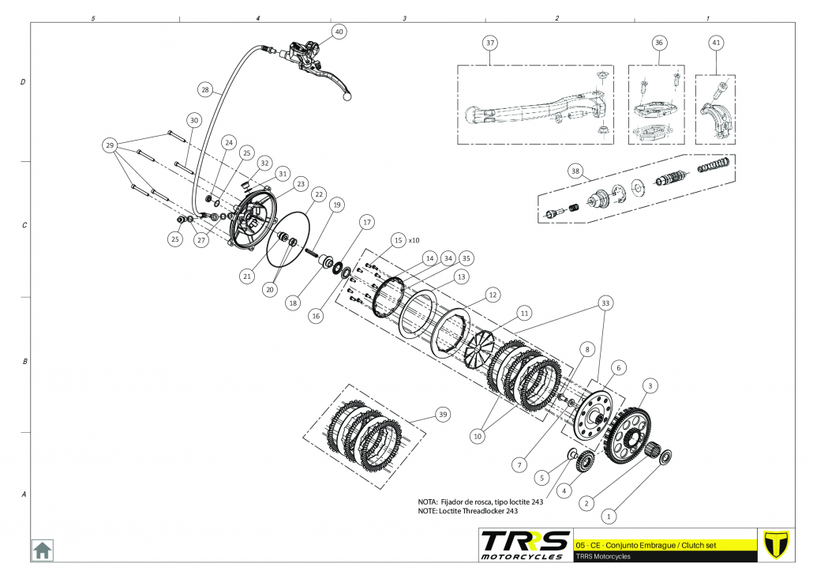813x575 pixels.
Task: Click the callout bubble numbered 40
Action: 339,32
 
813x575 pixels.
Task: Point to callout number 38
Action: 575,170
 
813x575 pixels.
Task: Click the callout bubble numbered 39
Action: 443,414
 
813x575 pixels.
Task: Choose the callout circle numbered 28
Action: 205,91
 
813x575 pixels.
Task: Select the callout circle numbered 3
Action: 650,385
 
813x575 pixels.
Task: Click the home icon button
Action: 42,549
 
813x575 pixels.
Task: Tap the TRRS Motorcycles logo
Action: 525,545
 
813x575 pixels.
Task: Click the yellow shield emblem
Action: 777,544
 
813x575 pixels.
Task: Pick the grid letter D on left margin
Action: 23,82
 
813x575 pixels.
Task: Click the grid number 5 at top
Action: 93,17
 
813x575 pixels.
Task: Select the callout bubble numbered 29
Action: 111,145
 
